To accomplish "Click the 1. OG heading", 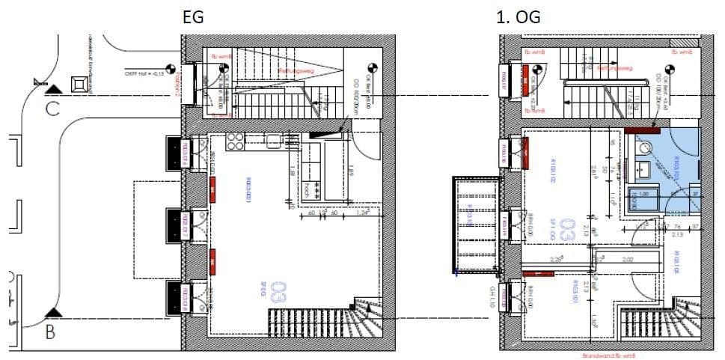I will point(518,16).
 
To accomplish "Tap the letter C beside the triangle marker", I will point(52,109).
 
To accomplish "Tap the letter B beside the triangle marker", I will point(50,332).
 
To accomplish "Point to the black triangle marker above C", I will point(52,90).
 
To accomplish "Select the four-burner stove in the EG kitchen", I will point(235,140).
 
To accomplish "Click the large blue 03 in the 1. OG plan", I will point(569,230).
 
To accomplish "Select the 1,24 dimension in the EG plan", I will point(364,213).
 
